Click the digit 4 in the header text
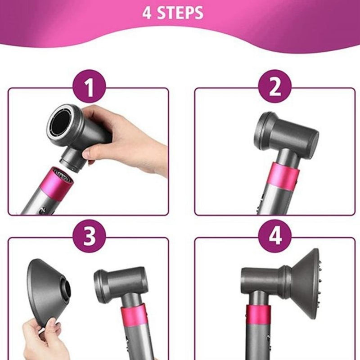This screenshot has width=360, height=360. coord(147,13)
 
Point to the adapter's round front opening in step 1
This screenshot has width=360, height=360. coord(60,124)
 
